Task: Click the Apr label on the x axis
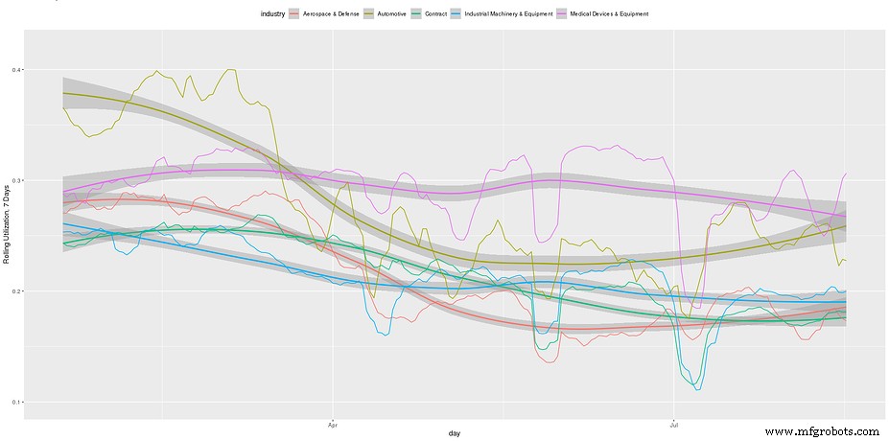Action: coord(333,423)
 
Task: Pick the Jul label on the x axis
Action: coord(675,423)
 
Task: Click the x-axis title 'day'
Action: coord(454,433)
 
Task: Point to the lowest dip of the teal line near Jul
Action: coord(697,389)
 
